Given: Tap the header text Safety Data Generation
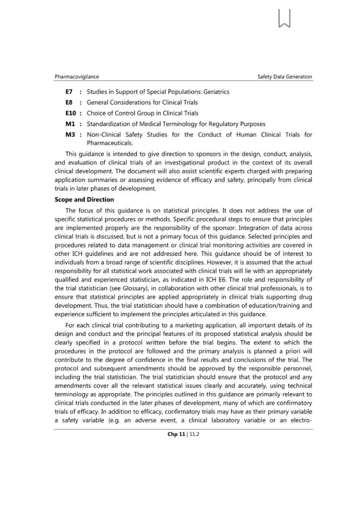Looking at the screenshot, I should [284, 77].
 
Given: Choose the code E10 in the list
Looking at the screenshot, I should [71, 114].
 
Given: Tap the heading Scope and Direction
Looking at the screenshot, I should [84, 200].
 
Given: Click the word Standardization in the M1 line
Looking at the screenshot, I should [111, 124].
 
